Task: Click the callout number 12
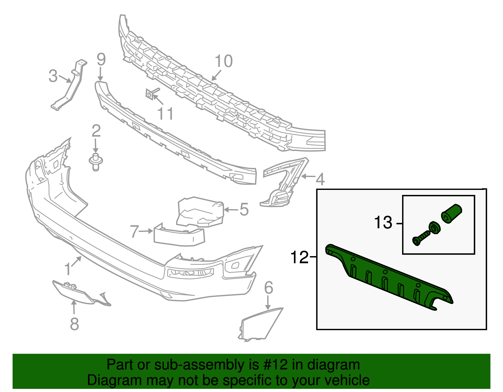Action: (x=299, y=257)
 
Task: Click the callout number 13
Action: (x=383, y=223)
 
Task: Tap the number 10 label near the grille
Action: (x=224, y=62)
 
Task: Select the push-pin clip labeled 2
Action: (x=96, y=162)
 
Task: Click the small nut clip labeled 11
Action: (x=150, y=94)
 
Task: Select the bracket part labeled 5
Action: (x=200, y=212)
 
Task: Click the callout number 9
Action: (x=101, y=60)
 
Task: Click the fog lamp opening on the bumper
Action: (x=190, y=272)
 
